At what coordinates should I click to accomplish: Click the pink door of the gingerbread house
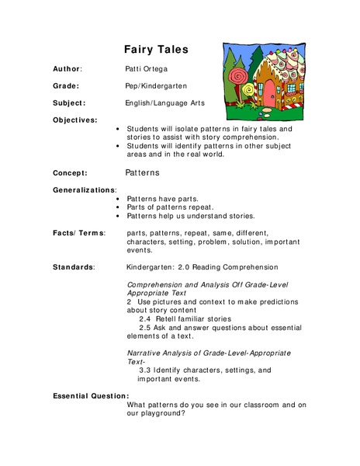point(269,96)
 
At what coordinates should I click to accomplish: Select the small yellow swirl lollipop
point(250,92)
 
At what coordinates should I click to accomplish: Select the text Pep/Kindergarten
point(156,85)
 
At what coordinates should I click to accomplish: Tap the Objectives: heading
point(75,120)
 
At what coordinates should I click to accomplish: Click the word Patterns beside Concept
point(143,172)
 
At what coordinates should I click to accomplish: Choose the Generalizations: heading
point(85,190)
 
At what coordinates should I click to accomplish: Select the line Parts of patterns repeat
point(165,207)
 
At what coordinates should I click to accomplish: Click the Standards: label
point(74,266)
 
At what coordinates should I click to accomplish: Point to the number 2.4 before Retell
point(145,318)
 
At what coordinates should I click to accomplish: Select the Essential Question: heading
point(91,396)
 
